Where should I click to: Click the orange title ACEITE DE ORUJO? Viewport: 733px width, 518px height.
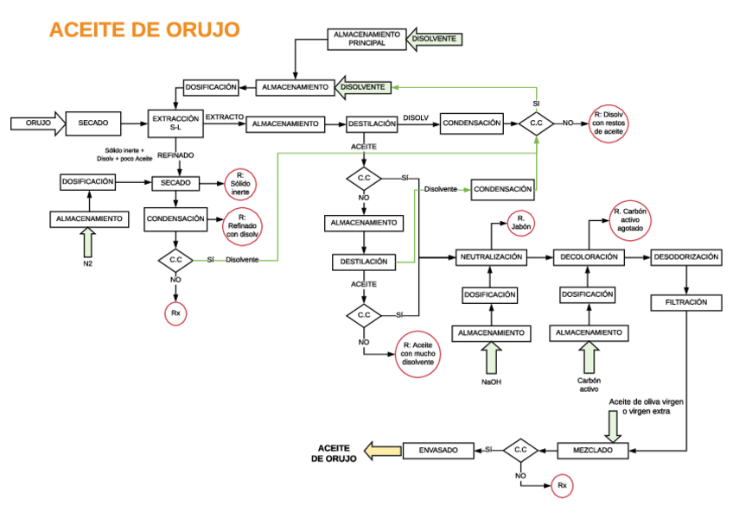click(x=144, y=29)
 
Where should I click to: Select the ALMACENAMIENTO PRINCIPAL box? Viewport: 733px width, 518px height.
click(x=366, y=39)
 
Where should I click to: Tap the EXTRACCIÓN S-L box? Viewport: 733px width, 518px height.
click(x=175, y=123)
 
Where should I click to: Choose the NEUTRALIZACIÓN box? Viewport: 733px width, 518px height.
click(x=491, y=257)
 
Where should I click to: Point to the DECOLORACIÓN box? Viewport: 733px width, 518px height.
click(x=589, y=257)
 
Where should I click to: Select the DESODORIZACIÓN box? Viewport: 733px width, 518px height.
click(x=686, y=257)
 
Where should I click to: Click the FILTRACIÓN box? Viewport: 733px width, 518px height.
click(x=686, y=303)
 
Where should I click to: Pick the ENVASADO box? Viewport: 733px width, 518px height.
click(x=438, y=450)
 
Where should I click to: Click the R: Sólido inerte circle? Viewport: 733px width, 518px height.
click(x=239, y=183)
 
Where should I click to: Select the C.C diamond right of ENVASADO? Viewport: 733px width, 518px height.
click(x=520, y=450)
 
